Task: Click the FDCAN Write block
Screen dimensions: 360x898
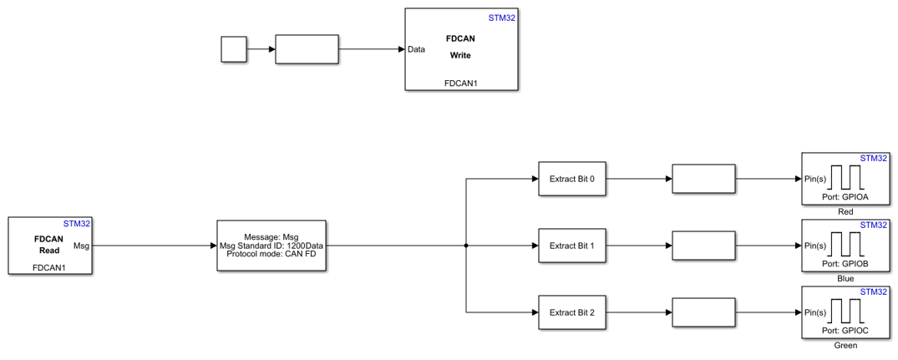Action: [461, 49]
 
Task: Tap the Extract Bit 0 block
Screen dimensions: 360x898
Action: [571, 178]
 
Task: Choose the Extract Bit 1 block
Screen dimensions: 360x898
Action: [571, 246]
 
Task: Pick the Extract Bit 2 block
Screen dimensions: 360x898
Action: [571, 312]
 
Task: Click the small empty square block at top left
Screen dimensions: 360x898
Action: [234, 49]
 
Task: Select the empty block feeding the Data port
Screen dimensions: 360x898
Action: [307, 49]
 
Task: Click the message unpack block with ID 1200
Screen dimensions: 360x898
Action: [271, 246]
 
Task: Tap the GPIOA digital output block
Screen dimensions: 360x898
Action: [845, 178]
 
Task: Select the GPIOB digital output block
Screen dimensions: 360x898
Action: [845, 246]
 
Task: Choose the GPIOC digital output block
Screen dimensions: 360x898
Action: [845, 312]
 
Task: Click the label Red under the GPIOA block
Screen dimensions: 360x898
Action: [845, 212]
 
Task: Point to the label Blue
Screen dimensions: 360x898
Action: [845, 279]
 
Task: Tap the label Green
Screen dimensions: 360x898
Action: [845, 346]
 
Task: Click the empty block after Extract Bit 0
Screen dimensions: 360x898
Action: [703, 178]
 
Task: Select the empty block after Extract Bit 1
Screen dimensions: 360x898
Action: [703, 246]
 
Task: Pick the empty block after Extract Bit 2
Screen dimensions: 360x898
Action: [703, 312]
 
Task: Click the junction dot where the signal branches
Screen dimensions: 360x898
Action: [465, 246]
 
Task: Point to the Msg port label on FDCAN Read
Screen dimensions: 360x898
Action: [82, 246]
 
